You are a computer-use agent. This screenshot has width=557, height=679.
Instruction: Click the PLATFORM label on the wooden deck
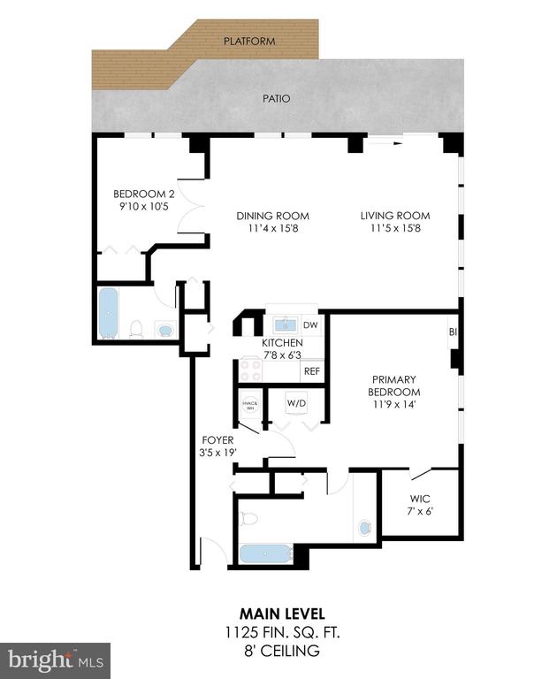[249, 42]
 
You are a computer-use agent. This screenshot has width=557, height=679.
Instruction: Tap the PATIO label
[277, 99]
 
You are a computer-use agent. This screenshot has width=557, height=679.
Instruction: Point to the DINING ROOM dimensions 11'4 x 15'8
[273, 228]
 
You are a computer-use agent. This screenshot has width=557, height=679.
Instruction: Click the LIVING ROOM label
[395, 216]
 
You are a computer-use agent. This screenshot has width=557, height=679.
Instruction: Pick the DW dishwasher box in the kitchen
[310, 325]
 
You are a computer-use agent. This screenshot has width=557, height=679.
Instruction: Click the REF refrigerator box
[312, 371]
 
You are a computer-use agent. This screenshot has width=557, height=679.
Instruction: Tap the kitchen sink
[286, 324]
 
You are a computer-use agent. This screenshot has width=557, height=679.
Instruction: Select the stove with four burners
[251, 370]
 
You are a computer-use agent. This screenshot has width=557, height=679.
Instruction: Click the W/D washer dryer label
[296, 403]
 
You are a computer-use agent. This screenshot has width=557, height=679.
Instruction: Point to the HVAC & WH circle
[250, 404]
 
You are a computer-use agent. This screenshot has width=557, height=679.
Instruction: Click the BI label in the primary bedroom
[453, 332]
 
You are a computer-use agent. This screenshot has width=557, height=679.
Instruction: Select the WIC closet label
[420, 499]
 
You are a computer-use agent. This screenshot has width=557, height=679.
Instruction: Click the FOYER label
[217, 440]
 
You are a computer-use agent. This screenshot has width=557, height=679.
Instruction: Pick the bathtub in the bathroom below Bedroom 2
[108, 313]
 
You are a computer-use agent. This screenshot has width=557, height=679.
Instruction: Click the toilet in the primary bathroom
[248, 518]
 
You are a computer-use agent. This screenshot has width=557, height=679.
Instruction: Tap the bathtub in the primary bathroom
[266, 553]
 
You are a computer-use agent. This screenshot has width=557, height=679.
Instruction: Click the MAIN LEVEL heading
[282, 614]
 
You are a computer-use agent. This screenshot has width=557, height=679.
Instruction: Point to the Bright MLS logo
[56, 660]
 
